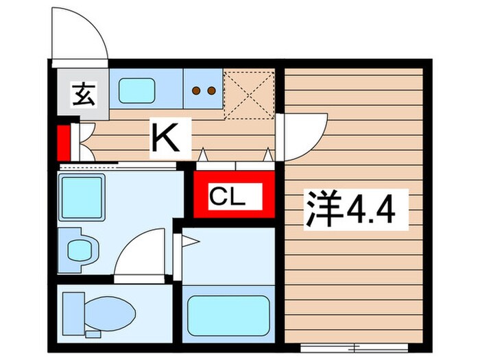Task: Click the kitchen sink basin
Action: pyautogui.click(x=137, y=89)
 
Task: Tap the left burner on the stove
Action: pyautogui.click(x=195, y=90)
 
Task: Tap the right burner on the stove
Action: pyautogui.click(x=211, y=90)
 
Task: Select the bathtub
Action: pyautogui.click(x=228, y=315)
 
